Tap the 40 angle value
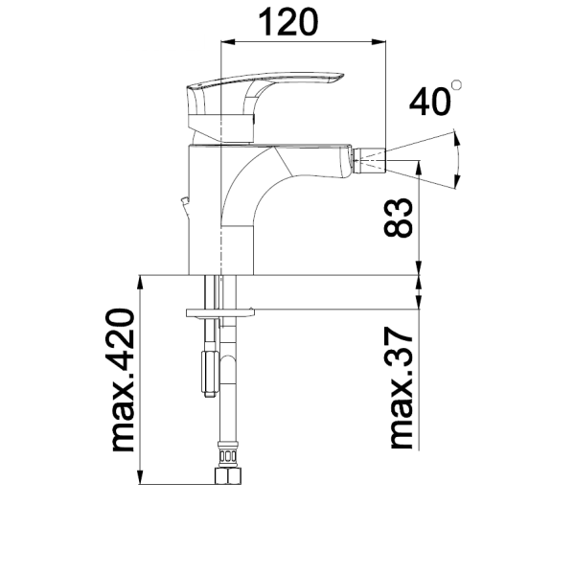coord(430,102)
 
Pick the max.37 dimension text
coord(402,387)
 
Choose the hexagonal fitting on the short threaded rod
coord(208,373)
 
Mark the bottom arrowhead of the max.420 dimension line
coord(141,479)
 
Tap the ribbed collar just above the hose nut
coord(227,451)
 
